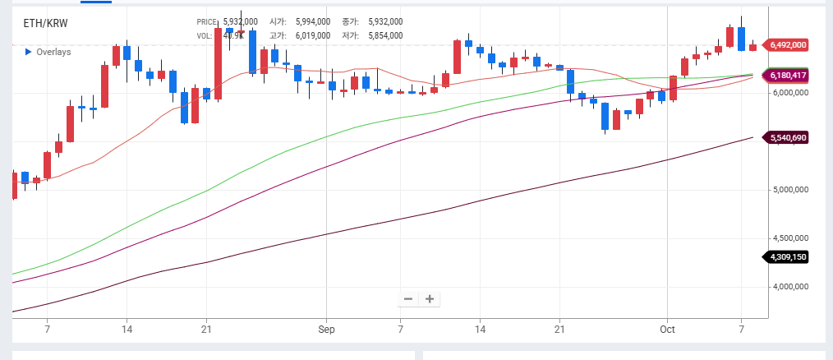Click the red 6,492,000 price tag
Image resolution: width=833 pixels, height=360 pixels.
click(787, 45)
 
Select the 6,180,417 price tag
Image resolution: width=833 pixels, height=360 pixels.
click(787, 76)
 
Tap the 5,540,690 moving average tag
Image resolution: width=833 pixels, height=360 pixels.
click(787, 137)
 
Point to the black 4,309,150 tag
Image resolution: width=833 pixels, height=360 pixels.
click(787, 257)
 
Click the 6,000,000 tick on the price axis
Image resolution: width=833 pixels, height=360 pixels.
click(790, 93)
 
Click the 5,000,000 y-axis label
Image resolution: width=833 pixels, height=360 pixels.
click(790, 190)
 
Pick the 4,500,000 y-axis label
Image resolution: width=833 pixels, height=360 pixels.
click(790, 238)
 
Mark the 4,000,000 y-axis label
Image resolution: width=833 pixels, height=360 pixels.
click(790, 287)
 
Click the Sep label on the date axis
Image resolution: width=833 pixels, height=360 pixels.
click(327, 329)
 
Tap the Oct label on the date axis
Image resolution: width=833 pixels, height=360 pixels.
click(668, 329)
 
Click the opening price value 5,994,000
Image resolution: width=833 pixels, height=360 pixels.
click(312, 21)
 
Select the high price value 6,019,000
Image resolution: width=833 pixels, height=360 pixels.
click(312, 35)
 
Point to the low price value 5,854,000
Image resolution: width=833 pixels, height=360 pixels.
click(384, 35)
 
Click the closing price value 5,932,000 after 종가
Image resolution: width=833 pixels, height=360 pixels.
click(384, 21)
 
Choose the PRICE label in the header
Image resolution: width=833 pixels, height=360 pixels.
click(208, 21)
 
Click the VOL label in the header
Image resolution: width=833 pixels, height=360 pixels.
click(205, 35)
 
